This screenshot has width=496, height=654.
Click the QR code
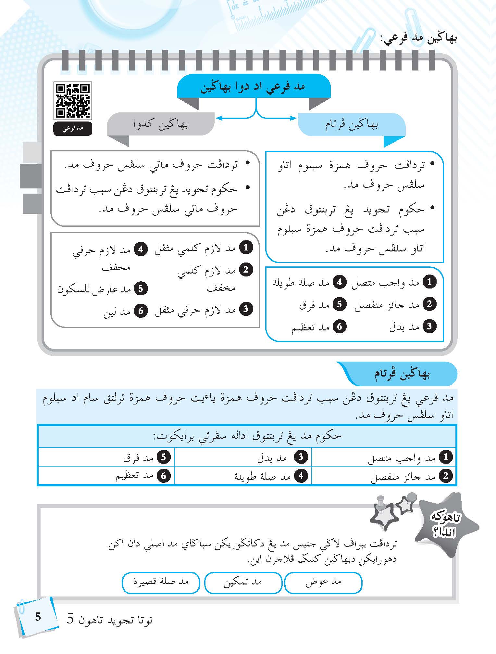click(x=73, y=100)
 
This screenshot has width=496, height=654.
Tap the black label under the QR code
click(x=73, y=128)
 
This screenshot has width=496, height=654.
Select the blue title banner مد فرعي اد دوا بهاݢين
click(x=254, y=87)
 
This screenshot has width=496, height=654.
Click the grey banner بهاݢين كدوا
click(x=161, y=124)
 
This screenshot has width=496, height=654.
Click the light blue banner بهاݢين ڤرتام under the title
click(x=352, y=124)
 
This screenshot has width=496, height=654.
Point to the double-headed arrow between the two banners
click(x=256, y=118)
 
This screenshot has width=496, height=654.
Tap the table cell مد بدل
click(x=243, y=457)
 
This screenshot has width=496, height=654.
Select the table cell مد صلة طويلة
click(x=243, y=476)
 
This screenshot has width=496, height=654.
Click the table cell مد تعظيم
click(x=106, y=476)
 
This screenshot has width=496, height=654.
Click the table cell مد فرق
click(x=106, y=457)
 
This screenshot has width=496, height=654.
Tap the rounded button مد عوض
click(x=323, y=582)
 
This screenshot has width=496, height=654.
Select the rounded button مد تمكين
click(x=243, y=582)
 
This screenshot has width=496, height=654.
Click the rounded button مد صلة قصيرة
click(x=161, y=582)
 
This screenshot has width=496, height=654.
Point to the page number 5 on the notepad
click(x=38, y=617)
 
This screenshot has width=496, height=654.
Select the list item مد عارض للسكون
click(x=102, y=289)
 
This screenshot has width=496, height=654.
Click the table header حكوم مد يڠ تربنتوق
click(x=247, y=436)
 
